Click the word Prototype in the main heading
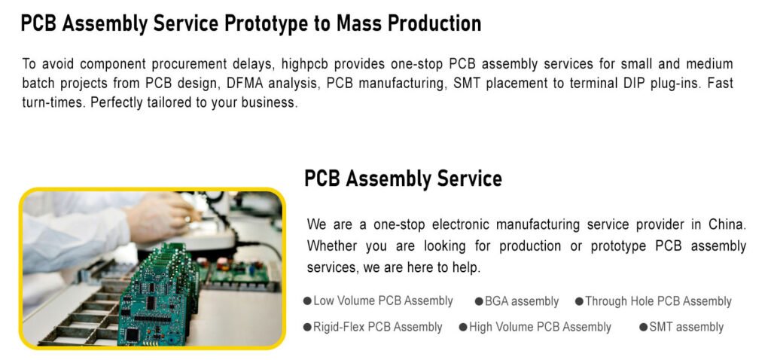[264, 23]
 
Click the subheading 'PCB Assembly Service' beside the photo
[403, 179]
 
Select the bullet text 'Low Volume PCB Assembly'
[383, 301]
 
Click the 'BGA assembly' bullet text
[522, 301]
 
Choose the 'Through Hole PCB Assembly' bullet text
[658, 301]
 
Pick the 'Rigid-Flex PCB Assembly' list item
[378, 327]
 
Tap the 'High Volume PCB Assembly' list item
[540, 327]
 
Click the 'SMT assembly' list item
[686, 327]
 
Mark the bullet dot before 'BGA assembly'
[479, 301]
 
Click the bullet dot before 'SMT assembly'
[643, 327]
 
